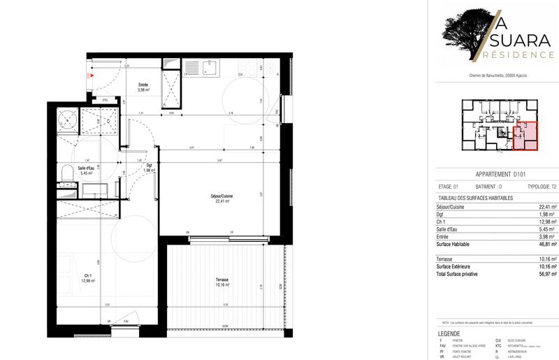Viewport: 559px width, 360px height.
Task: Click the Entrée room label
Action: click(143, 85)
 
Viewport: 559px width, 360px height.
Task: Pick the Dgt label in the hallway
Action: click(150, 166)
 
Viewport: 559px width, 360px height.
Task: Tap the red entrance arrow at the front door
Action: click(89, 75)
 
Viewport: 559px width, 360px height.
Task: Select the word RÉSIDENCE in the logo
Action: click(514, 55)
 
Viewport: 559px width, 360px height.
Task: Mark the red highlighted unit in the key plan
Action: click(525, 135)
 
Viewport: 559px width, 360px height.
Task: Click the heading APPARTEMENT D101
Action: click(499, 174)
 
